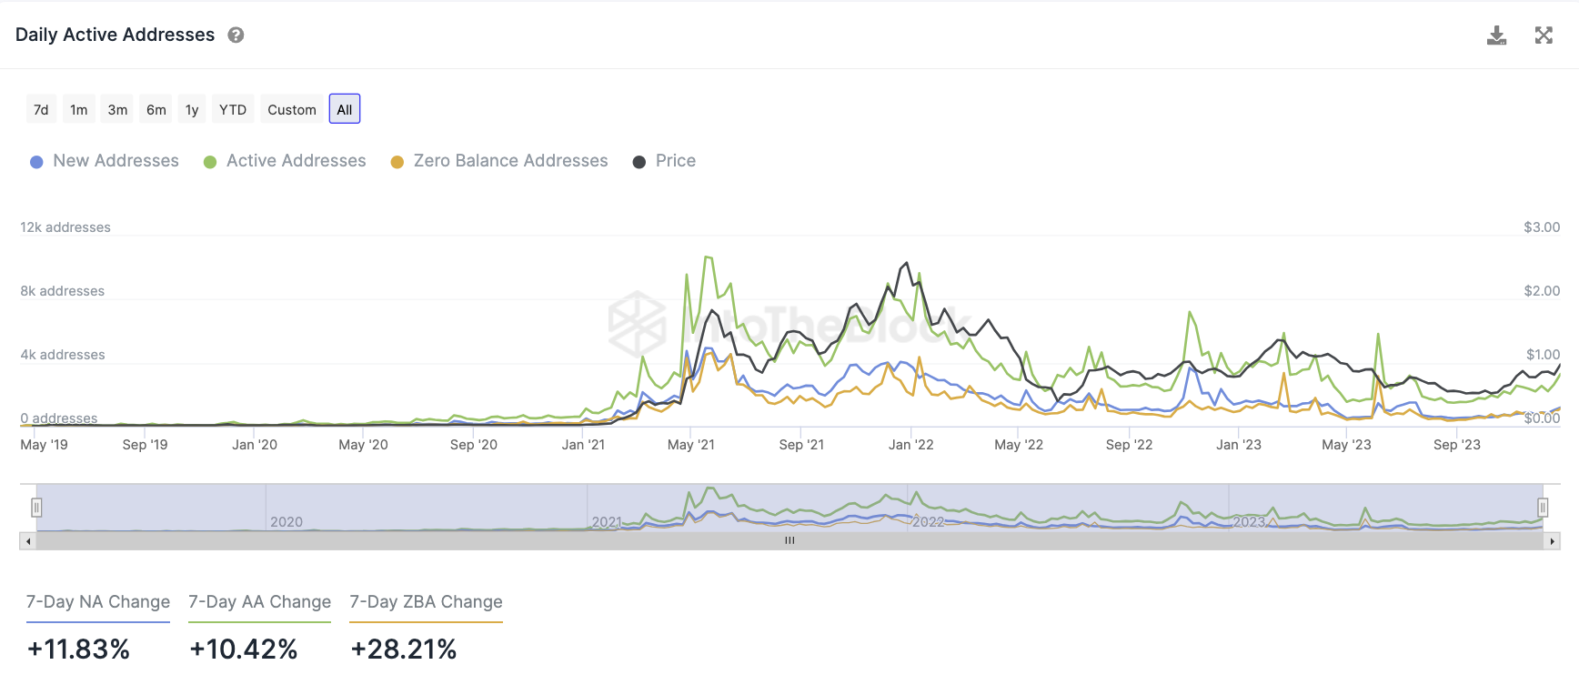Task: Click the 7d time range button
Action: tap(41, 109)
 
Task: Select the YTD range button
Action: tap(233, 109)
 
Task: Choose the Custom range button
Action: tap(292, 109)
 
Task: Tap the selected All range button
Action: tap(345, 109)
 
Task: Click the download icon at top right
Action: tap(1496, 35)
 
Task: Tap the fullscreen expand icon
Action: tap(1544, 35)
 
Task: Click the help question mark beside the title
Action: tap(236, 35)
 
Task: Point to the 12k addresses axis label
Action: tap(65, 227)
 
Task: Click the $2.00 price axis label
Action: tap(1542, 291)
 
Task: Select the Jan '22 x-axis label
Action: tap(910, 445)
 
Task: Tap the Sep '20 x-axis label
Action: tap(474, 445)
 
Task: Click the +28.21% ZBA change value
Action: tap(404, 650)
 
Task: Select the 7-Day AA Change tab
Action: tap(259, 602)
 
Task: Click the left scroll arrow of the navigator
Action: tap(28, 541)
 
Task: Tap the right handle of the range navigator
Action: tap(1543, 508)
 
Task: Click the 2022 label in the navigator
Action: tap(928, 522)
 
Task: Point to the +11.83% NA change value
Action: tap(78, 650)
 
